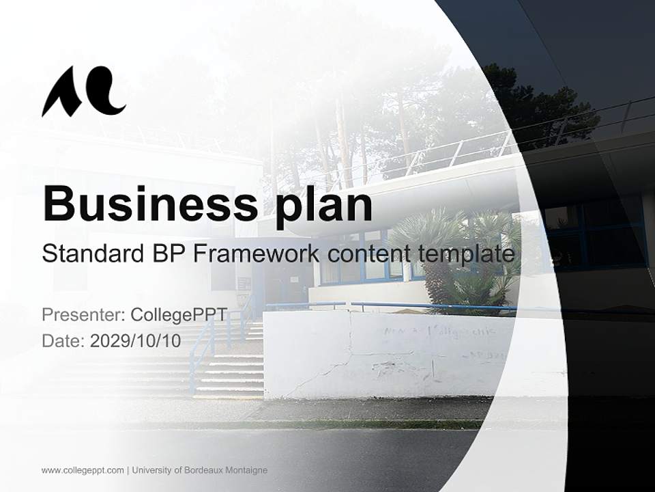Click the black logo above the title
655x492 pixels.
point(83,92)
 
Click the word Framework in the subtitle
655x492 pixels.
point(256,254)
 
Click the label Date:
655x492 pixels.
point(63,341)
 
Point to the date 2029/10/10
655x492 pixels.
point(136,341)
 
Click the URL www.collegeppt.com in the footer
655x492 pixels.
point(83,470)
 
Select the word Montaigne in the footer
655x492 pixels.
point(246,470)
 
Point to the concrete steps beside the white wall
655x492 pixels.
point(225,369)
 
